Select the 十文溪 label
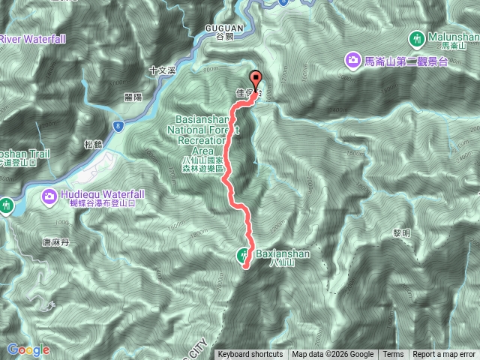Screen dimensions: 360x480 (162, 70)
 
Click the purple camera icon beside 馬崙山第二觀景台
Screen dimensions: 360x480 (351, 60)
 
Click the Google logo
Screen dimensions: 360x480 (28, 349)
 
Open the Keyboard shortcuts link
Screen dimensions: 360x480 (250, 355)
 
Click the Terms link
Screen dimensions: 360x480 (393, 355)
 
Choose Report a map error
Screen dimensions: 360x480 (444, 355)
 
